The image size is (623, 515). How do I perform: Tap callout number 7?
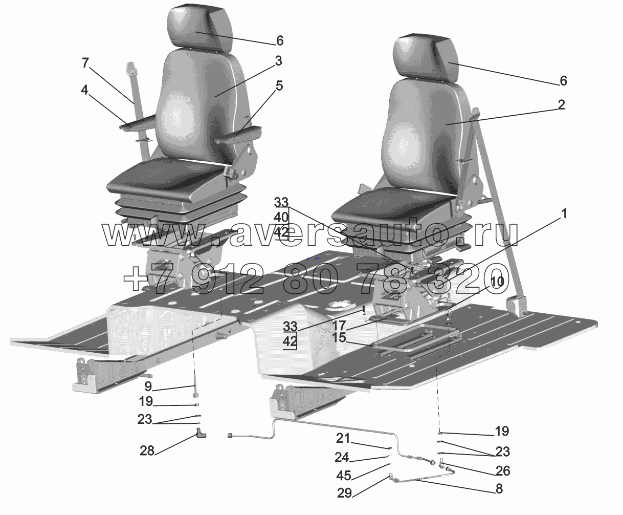[x=85, y=63]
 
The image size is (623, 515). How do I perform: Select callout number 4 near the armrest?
[x=84, y=90]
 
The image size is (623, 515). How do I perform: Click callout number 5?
[x=279, y=86]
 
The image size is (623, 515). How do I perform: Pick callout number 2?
[x=561, y=105]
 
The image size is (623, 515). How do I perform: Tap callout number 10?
[x=498, y=281]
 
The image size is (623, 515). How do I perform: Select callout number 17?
[x=339, y=325]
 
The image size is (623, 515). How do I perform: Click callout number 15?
[x=339, y=338]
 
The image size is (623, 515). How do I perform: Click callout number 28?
[x=147, y=450]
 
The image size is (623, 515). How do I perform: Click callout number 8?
[x=498, y=489]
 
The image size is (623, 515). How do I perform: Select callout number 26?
[x=503, y=470]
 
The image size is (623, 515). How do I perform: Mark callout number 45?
[x=344, y=476]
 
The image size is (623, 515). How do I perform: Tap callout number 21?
[x=343, y=438]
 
